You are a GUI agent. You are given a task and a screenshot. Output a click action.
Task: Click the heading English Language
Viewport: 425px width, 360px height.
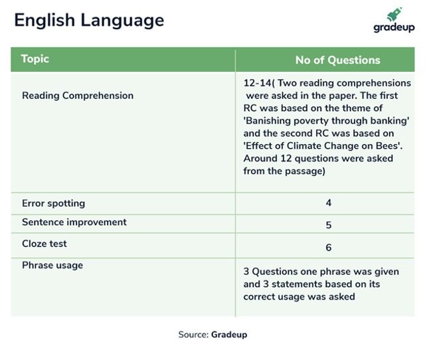click(x=89, y=21)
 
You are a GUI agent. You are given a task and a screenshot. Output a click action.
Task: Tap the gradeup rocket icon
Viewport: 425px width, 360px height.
click(x=394, y=14)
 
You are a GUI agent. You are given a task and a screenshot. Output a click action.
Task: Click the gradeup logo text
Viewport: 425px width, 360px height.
click(x=394, y=27)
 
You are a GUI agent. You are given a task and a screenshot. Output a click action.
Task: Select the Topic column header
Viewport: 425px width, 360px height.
click(x=35, y=59)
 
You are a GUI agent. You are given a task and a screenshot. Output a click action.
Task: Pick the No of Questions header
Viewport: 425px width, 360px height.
click(x=338, y=60)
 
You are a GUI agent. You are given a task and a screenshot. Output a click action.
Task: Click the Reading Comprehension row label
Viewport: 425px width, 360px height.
click(x=78, y=96)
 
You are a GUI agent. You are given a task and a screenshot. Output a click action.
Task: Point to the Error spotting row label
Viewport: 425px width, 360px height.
click(x=53, y=203)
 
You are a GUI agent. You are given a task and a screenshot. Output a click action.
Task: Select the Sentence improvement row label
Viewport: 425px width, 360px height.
click(x=74, y=223)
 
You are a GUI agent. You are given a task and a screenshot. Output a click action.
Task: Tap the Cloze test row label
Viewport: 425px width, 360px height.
click(x=44, y=244)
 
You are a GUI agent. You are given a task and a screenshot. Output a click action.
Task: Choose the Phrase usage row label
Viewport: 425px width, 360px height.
click(x=52, y=265)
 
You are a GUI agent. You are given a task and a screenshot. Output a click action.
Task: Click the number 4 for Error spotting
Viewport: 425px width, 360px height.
click(x=329, y=203)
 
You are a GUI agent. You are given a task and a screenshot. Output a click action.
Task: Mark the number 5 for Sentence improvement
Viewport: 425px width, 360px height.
click(x=329, y=225)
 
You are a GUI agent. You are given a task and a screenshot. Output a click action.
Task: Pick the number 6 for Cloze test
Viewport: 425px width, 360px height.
click(x=329, y=248)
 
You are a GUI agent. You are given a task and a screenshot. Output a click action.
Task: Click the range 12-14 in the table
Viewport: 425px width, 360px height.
click(x=257, y=83)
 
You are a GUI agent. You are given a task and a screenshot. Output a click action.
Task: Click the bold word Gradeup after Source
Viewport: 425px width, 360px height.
click(x=229, y=335)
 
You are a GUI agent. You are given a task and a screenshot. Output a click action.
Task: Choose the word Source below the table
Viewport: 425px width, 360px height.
click(x=193, y=335)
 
